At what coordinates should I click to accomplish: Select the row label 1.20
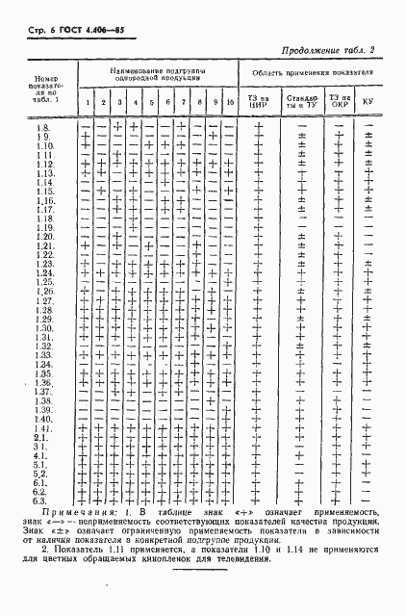tap(44, 236)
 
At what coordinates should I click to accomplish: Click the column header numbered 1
tap(86, 102)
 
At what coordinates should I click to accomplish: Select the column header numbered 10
tap(231, 102)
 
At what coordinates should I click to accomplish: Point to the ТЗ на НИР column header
tap(257, 100)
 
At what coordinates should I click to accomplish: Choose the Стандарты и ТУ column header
tap(297, 100)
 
